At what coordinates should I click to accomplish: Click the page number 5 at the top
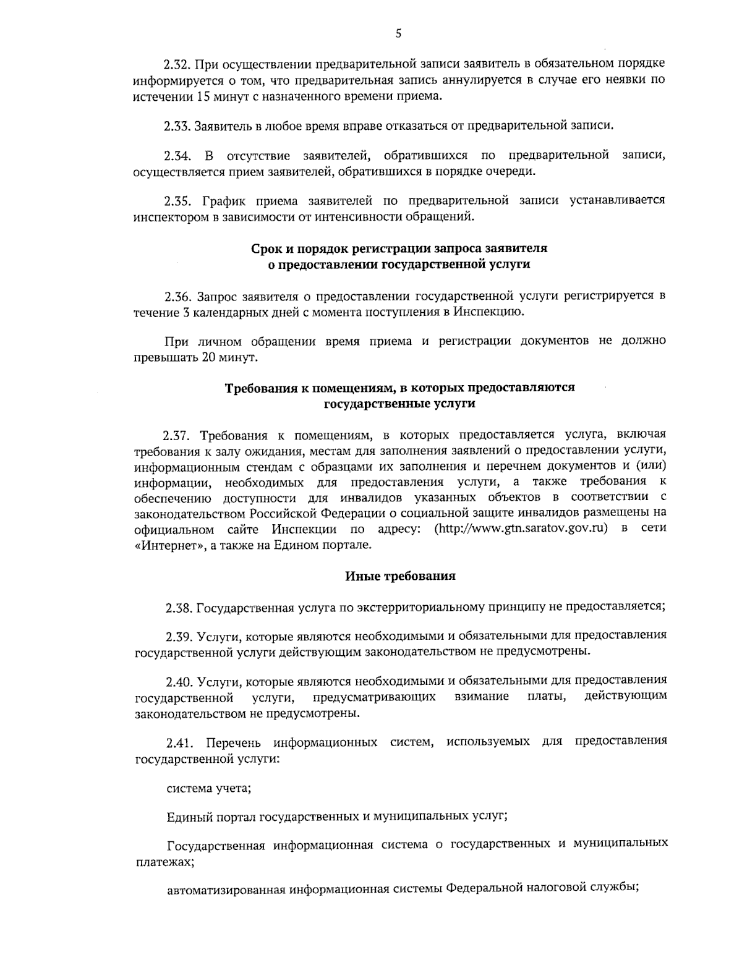[x=398, y=35]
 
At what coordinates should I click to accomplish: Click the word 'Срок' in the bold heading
[x=267, y=248]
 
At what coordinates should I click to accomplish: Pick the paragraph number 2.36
[x=177, y=296]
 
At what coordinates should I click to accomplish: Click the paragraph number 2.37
[x=177, y=435]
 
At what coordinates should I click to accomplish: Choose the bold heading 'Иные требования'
[x=400, y=576]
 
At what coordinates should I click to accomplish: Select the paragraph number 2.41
[x=180, y=742]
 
